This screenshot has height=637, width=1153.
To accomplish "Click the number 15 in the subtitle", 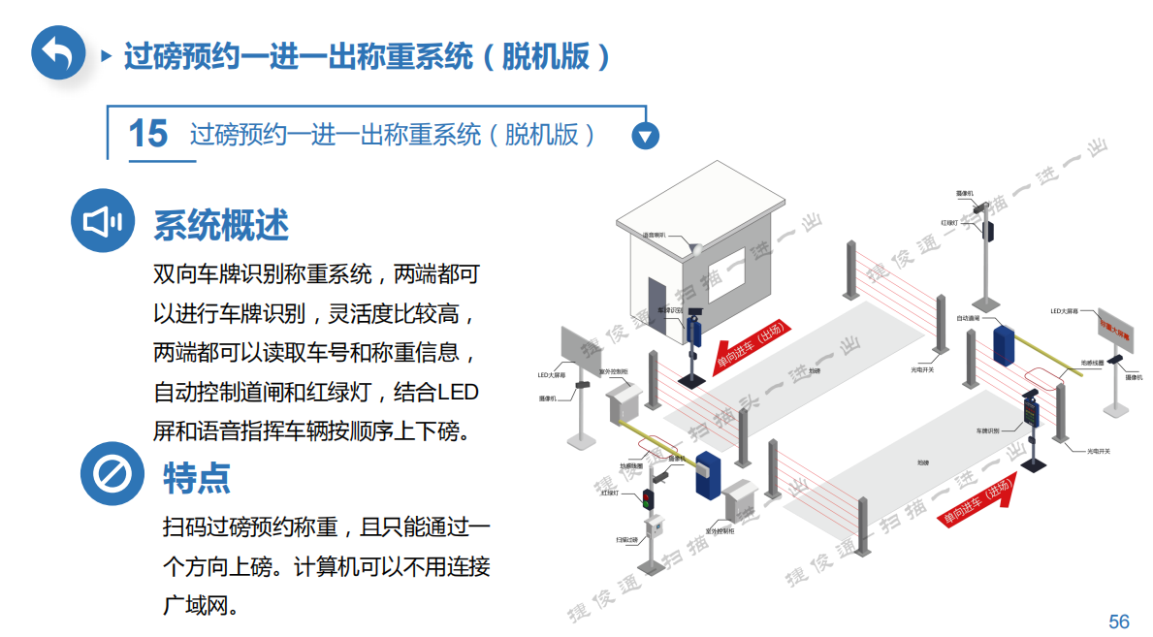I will (x=147, y=134).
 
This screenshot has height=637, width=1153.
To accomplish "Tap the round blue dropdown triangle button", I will (x=645, y=136).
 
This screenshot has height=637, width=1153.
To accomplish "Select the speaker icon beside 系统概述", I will (x=103, y=222).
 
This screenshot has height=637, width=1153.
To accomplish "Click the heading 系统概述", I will (x=221, y=225).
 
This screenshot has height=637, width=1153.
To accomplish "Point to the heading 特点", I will (x=197, y=477).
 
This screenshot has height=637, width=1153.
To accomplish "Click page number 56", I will (x=1119, y=621).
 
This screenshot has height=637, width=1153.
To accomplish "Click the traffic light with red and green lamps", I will (x=647, y=500).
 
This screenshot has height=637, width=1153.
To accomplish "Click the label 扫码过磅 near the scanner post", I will (x=625, y=539).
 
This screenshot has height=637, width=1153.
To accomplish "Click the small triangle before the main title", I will (x=107, y=55).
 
